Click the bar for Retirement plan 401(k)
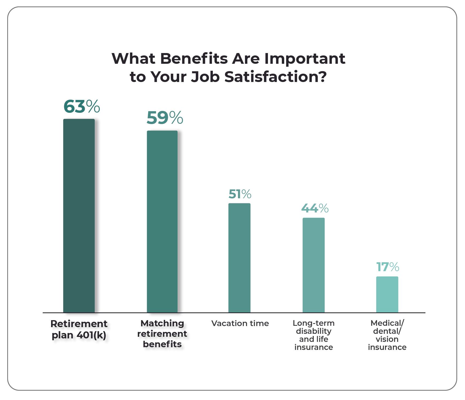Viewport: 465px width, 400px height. (x=79, y=216)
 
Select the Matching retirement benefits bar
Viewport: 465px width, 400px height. (x=162, y=222)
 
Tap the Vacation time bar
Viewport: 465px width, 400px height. (x=239, y=258)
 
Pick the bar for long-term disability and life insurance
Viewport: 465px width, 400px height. (x=313, y=265)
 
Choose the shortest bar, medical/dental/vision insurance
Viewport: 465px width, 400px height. (x=387, y=294)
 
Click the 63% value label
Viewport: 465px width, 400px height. (x=82, y=107)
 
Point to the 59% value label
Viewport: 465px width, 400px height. (x=165, y=118)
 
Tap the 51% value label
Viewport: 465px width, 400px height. (x=240, y=194)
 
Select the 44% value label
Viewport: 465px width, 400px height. (x=315, y=208)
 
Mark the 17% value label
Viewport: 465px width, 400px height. (x=387, y=267)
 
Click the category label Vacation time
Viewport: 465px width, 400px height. (x=240, y=323)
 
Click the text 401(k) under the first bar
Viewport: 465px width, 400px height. (x=92, y=335)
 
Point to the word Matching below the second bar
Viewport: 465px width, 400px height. (x=162, y=323)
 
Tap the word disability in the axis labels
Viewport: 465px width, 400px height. (x=313, y=331)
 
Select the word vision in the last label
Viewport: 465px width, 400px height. (x=387, y=339)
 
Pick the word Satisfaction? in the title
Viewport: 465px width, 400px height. (x=275, y=77)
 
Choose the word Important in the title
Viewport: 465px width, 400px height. (x=305, y=59)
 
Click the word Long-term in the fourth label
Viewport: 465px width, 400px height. (x=313, y=323)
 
